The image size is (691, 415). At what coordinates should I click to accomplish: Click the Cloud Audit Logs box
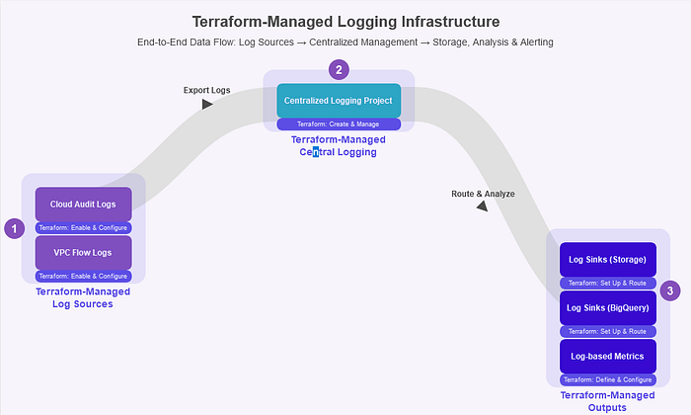coord(83,205)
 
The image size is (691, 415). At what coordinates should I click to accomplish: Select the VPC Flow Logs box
coord(83,252)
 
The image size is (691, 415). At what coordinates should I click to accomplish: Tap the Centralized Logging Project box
coord(338,101)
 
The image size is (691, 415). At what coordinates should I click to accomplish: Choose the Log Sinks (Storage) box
coord(607,260)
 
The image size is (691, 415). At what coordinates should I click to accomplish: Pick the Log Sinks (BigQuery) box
coord(607,308)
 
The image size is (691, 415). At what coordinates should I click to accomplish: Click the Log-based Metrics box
coord(607,356)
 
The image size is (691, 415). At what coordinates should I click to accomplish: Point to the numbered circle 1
coord(14,229)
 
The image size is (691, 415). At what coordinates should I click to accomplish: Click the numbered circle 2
coord(339,69)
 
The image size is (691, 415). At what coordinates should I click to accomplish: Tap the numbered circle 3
coord(670,290)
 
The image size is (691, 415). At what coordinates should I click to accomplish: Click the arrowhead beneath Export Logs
coord(207,104)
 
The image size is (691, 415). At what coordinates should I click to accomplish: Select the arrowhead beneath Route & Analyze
coord(482,207)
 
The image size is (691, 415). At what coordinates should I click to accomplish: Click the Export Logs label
coord(206,90)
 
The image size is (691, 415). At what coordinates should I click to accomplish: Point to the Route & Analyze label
coord(483,194)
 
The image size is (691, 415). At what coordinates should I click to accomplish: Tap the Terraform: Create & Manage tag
coord(338,124)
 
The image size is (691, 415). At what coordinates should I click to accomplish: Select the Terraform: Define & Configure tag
coord(607,379)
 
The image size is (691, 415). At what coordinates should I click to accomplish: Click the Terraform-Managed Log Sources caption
coord(83,297)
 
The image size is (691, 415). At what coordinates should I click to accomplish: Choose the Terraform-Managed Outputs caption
coord(607,400)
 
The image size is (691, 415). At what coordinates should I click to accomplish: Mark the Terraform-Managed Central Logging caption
coord(339,146)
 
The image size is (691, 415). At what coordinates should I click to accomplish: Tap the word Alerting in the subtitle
coord(532,42)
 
